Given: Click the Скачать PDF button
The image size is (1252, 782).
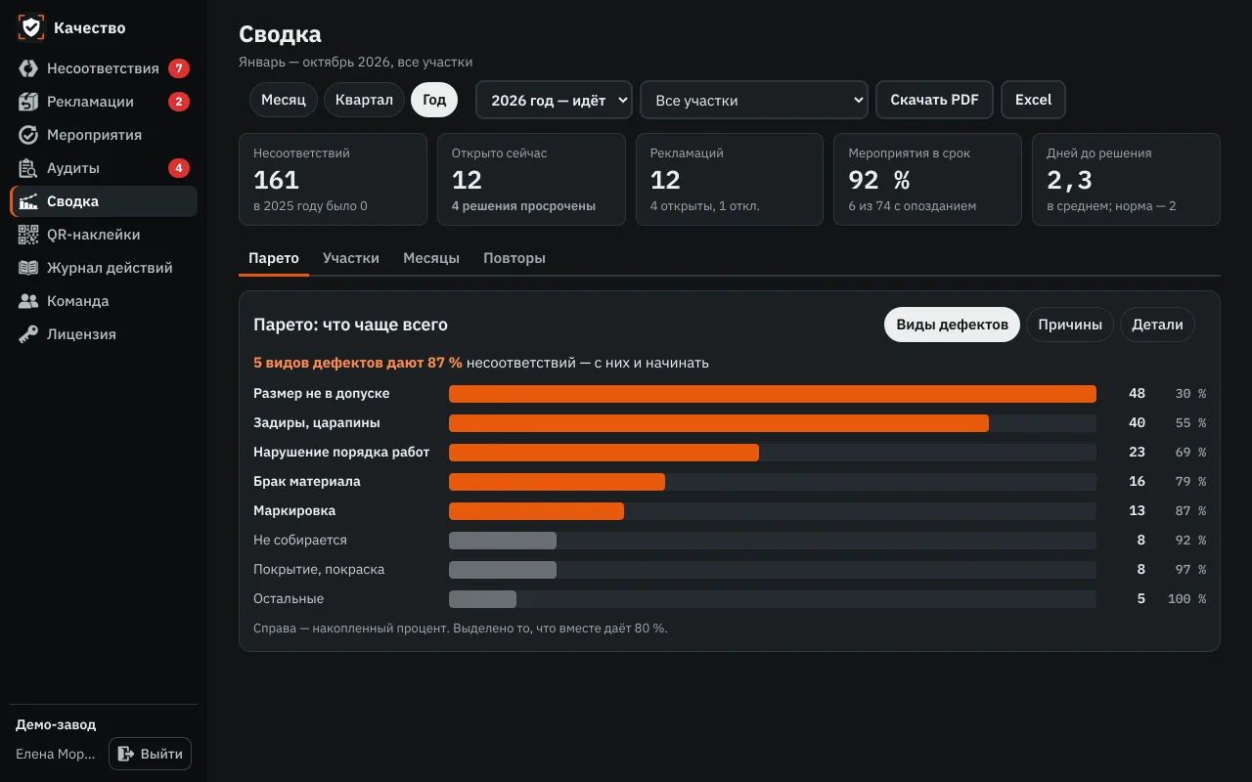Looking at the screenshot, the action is (x=934, y=100).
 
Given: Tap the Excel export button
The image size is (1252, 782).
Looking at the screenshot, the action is (x=1033, y=100).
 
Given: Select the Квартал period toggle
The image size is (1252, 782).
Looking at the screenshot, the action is (x=364, y=100).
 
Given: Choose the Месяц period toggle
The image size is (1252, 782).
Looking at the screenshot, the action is (x=284, y=100).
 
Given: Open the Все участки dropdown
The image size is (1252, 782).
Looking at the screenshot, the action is (x=753, y=100).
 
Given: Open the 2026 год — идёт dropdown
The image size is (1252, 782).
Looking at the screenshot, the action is (x=554, y=100).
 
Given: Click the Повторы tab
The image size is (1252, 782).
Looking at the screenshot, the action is (x=514, y=258).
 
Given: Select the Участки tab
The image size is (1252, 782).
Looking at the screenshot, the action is (x=351, y=258).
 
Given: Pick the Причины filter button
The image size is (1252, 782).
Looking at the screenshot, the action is (x=1070, y=325).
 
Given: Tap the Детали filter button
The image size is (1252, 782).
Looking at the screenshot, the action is (x=1157, y=325).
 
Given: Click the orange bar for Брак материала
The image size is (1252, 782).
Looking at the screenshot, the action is (x=557, y=482).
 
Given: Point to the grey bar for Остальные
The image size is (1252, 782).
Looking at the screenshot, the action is (x=482, y=599).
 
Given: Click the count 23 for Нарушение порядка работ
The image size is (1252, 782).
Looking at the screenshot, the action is (x=1137, y=452).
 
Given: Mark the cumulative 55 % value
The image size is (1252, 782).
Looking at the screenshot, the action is (x=1190, y=423).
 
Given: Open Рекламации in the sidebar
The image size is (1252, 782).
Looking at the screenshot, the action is (x=90, y=102).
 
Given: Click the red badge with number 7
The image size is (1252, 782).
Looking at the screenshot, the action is (x=179, y=68).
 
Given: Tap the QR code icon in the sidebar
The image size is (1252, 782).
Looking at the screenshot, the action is (x=28, y=235).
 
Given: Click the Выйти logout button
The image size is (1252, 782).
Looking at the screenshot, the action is (x=150, y=754).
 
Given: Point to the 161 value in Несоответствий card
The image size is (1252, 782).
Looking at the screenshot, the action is (x=276, y=180).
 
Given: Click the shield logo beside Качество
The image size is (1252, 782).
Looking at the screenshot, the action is (x=30, y=27).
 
